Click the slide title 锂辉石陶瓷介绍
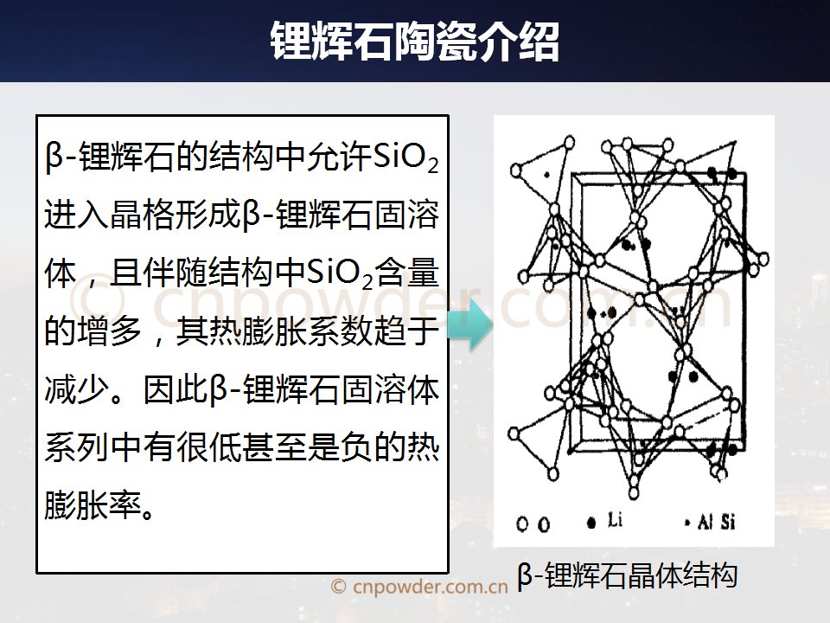click(414, 42)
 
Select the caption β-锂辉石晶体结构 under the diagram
click(628, 575)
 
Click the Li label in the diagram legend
click(614, 520)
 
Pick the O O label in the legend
click(533, 524)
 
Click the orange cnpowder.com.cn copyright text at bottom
click(418, 586)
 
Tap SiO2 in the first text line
click(405, 157)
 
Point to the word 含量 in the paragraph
click(406, 273)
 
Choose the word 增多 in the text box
click(109, 331)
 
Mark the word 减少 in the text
click(77, 389)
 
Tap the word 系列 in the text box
click(77, 446)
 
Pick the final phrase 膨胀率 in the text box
click(93, 504)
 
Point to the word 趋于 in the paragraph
click(406, 331)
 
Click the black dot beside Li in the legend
click(591, 523)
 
